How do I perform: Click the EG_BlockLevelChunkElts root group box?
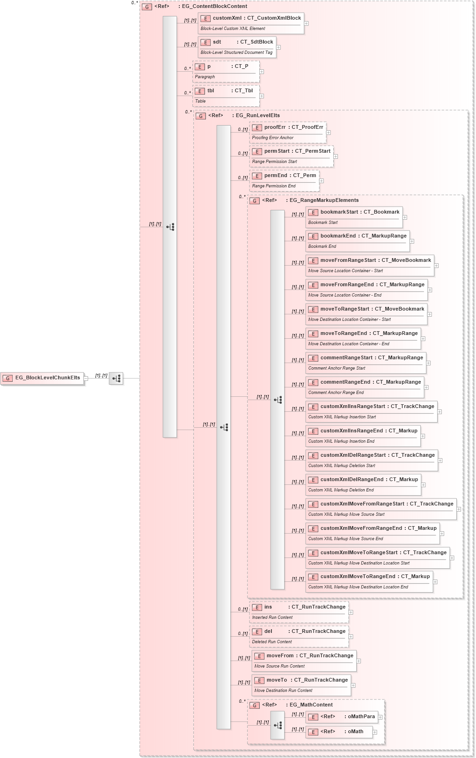click(x=42, y=378)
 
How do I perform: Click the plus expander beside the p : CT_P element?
click(x=262, y=72)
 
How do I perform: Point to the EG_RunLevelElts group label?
click(x=257, y=116)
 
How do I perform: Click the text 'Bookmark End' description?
click(x=322, y=246)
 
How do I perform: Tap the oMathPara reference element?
click(x=341, y=717)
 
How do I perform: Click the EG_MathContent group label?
click(x=311, y=705)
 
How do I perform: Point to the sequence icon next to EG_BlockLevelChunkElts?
click(x=116, y=378)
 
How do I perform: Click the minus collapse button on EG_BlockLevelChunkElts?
click(x=86, y=379)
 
